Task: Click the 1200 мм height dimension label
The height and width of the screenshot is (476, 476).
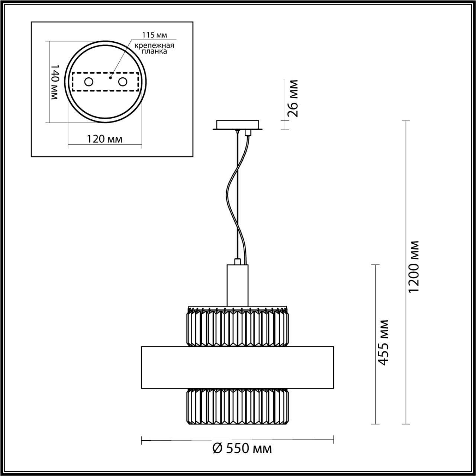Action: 413,266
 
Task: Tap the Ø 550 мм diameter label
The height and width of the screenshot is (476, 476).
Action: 242,448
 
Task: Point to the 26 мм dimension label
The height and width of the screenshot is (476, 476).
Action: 293,98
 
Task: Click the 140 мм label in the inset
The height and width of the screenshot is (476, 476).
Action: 54,82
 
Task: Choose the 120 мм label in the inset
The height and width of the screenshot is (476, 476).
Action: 104,139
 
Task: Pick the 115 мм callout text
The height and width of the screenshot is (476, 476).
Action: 154,35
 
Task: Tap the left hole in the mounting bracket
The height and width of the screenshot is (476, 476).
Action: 89,82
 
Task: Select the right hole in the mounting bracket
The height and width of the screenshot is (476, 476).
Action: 122,82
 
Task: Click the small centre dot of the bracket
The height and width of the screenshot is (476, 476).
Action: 110,78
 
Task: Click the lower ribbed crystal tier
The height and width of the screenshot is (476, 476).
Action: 237,406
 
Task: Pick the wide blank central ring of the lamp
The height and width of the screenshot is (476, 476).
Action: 237,367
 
